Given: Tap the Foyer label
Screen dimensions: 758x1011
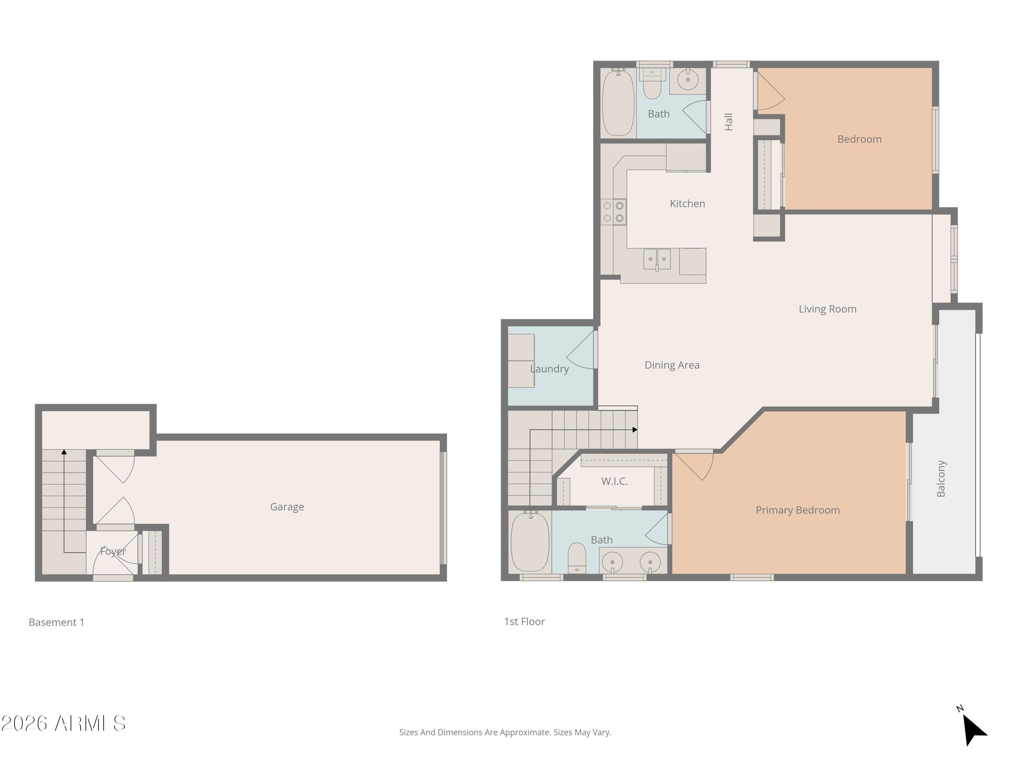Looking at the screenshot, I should (113, 551).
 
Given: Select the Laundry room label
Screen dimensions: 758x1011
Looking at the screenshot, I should (549, 369).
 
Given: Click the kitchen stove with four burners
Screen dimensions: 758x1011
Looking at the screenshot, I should (613, 212).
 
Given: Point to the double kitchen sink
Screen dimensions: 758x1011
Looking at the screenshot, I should (657, 259).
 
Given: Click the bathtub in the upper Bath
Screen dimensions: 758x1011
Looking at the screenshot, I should (618, 103).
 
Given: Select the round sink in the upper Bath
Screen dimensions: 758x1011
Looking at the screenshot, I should (687, 80).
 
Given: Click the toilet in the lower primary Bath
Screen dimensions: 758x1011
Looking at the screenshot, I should (577, 558).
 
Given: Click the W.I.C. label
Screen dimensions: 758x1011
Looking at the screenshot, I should (614, 481).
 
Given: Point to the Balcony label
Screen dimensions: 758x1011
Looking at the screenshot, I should (941, 478).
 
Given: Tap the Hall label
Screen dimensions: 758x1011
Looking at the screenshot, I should (729, 122).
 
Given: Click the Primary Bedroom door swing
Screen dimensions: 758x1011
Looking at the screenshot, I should (695, 465).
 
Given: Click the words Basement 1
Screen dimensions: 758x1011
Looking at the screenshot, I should (56, 622).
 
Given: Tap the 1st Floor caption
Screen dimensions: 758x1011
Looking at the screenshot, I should (524, 621).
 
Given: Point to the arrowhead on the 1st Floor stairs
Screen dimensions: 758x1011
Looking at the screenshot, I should (635, 430).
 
